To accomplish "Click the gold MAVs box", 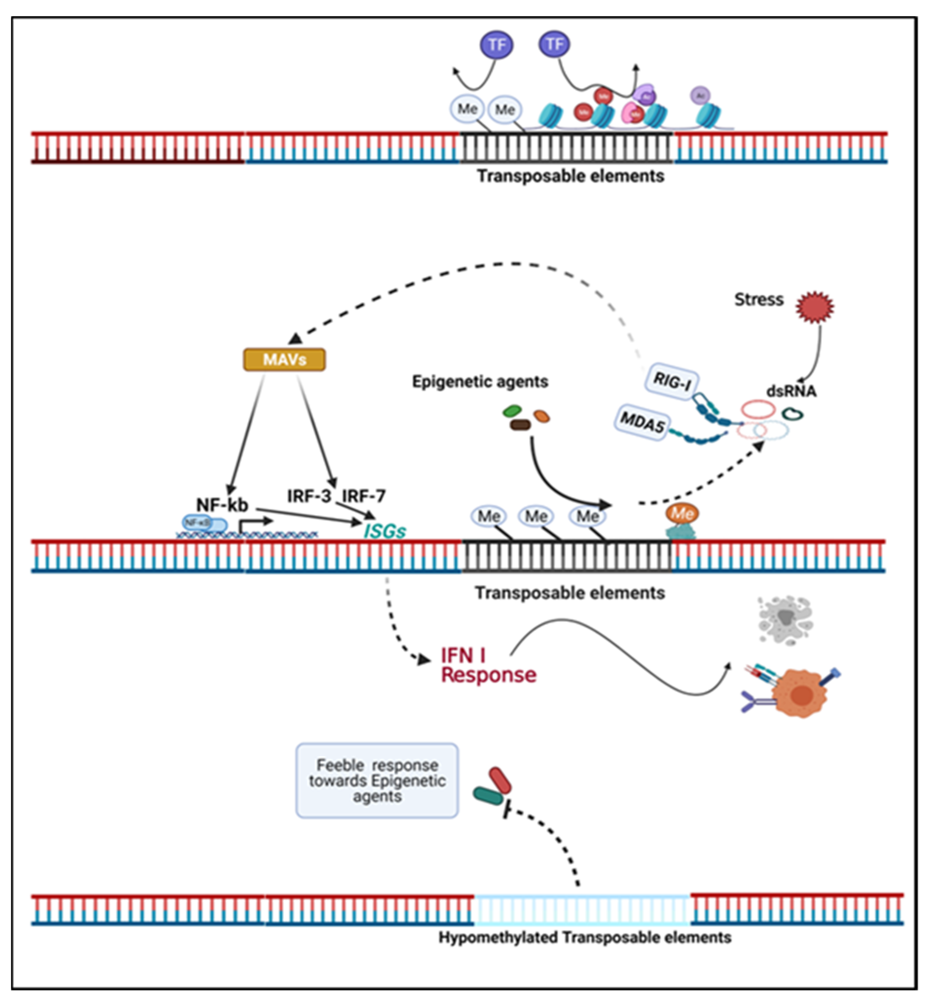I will [284, 359].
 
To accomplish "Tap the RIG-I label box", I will [672, 382].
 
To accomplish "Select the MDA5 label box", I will [641, 422].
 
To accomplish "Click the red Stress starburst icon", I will [814, 307].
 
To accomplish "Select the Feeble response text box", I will [377, 780].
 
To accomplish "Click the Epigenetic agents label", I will [480, 381].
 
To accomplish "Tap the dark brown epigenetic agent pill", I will [520, 425].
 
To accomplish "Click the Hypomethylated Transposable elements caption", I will [585, 937].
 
